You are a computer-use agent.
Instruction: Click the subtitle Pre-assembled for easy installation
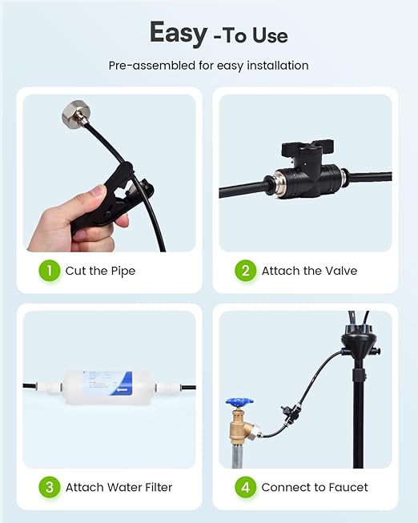click(208, 66)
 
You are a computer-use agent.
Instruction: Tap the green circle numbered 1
click(50, 271)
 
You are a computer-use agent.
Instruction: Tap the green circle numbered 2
click(246, 271)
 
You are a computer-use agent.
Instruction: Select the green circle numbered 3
click(50, 487)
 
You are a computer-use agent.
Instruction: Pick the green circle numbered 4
click(246, 487)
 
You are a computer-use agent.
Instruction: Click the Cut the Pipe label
click(100, 271)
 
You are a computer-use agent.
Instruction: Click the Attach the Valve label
click(309, 271)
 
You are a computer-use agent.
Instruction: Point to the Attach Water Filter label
click(119, 487)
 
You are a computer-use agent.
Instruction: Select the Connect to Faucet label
click(315, 487)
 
